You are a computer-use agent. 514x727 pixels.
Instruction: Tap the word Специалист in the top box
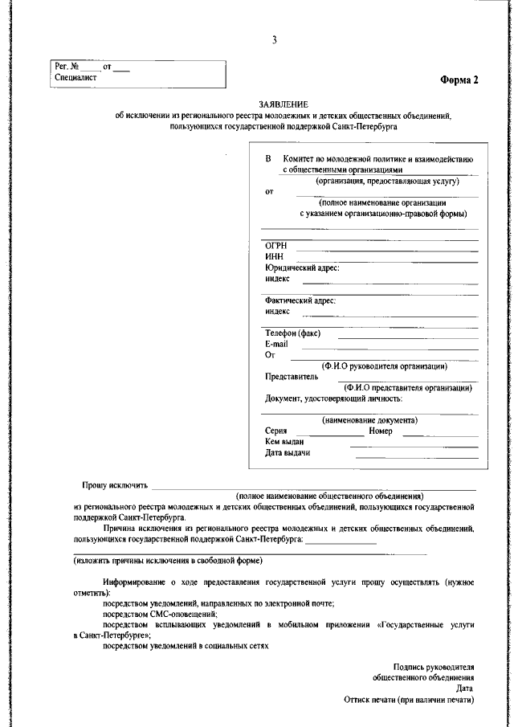[x=75, y=78]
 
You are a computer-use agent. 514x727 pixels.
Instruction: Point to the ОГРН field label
[x=276, y=246]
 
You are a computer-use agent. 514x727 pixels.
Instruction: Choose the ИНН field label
[x=274, y=256]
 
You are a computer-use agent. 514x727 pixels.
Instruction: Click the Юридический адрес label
[x=302, y=268]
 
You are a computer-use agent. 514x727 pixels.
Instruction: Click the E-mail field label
[x=276, y=344]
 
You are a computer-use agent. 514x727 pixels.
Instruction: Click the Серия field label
[x=275, y=431]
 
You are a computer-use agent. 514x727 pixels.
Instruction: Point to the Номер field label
[x=381, y=431]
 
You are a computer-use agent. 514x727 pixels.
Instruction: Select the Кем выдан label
[x=284, y=442]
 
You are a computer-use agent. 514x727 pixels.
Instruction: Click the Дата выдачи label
[x=288, y=453]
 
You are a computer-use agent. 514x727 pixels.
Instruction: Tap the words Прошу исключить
[x=115, y=486]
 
